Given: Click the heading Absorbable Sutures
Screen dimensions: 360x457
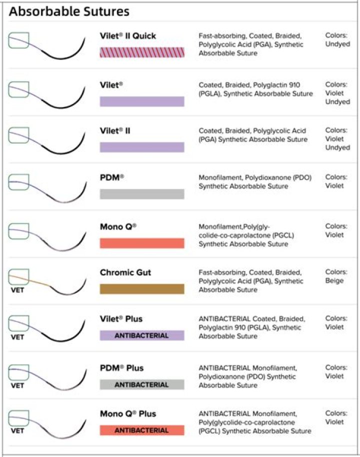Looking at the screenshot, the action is click(69, 11).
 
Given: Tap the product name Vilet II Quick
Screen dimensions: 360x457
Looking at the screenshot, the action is click(127, 36).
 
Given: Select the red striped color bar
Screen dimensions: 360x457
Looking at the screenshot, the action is click(142, 52).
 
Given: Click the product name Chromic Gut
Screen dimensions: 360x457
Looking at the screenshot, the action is click(125, 272).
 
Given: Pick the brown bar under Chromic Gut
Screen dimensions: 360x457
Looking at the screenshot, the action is click(142, 289).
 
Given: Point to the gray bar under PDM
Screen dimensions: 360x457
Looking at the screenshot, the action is click(142, 194).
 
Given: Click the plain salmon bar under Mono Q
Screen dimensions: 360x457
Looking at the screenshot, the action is click(142, 243).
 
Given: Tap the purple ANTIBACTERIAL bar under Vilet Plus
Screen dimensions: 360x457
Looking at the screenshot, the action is click(142, 335).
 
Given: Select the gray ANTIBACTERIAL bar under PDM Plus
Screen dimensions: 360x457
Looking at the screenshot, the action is click(142, 384).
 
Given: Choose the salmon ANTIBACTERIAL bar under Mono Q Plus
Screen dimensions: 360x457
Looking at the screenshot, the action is click(142, 430).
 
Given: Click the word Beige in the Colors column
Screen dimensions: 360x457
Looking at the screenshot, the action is click(334, 280).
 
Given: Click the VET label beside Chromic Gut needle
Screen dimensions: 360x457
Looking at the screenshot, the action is click(17, 290).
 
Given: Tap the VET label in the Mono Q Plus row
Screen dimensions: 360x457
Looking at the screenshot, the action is click(17, 430).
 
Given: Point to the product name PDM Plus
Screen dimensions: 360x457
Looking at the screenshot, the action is click(121, 368).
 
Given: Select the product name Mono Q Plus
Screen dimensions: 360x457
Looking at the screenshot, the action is click(127, 413).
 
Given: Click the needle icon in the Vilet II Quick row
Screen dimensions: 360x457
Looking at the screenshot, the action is click(47, 46).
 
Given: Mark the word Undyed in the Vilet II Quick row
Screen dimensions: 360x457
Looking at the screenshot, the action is click(337, 44).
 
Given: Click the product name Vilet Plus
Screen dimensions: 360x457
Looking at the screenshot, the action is click(121, 318).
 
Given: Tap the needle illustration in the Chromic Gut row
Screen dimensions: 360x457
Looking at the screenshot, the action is click(47, 282).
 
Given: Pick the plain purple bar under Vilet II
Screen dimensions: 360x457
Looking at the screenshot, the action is click(142, 147).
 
